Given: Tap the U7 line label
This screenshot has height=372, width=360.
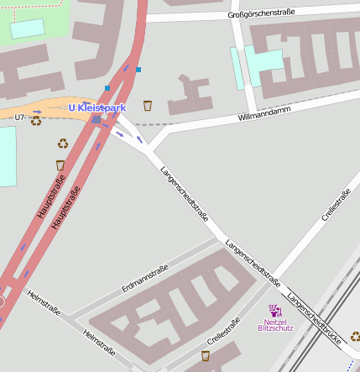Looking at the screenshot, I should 20,118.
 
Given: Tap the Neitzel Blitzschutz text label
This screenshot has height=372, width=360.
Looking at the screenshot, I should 275,324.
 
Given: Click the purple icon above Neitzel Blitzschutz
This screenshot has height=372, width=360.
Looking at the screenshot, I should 275,310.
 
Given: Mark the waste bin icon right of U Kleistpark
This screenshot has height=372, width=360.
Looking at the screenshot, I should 148,105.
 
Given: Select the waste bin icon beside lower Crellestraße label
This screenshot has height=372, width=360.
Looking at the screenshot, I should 205,356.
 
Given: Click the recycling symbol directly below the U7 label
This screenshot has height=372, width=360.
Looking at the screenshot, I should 36,121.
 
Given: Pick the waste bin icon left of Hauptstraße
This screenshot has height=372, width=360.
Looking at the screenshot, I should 60,165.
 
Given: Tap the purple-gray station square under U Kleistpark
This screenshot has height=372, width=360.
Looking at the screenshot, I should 97,120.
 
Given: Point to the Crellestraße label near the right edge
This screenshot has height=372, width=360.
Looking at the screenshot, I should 336,207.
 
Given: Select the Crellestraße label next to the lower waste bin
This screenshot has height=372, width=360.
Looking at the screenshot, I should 223,331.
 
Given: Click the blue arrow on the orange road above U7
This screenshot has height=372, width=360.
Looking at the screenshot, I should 37,112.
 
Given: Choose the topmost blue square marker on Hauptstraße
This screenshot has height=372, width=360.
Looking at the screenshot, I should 138,69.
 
